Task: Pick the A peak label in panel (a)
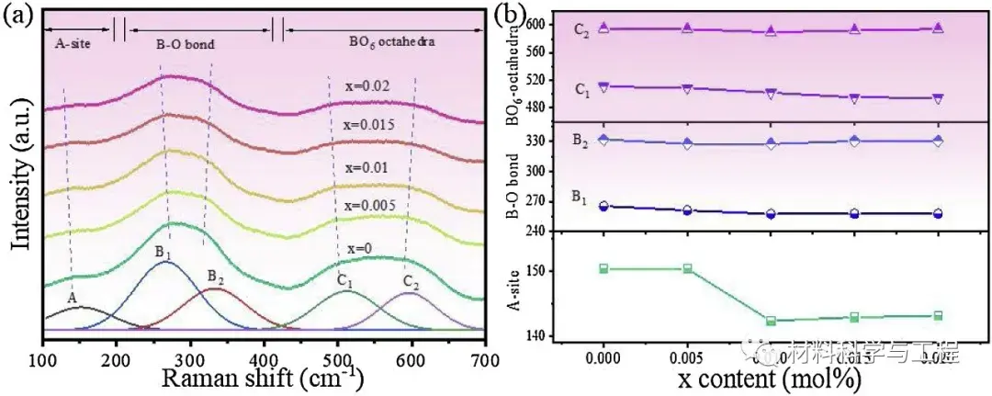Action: click(72, 299)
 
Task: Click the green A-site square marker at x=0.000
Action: click(603, 268)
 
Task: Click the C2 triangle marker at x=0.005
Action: click(687, 28)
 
